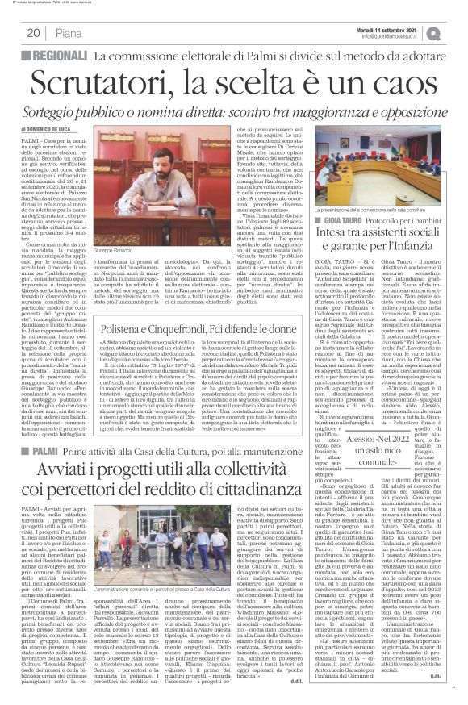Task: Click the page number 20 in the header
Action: [x=34, y=33]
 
